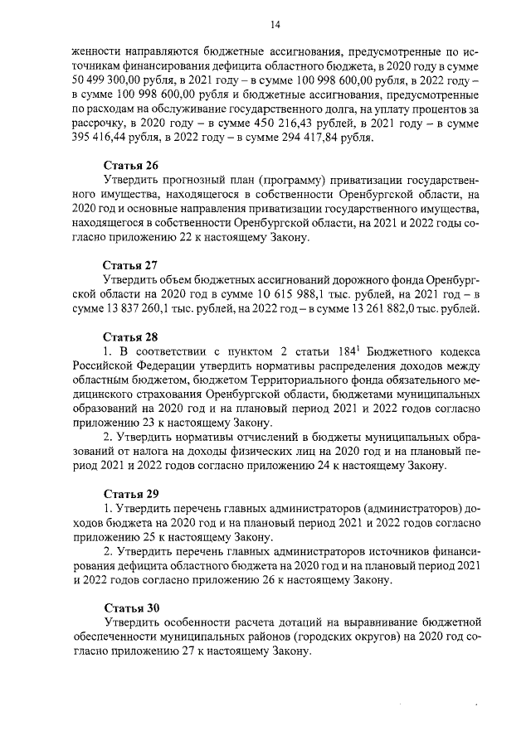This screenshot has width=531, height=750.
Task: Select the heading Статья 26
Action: pyautogui.click(x=129, y=165)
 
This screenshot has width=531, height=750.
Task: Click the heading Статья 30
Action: pyautogui.click(x=129, y=607)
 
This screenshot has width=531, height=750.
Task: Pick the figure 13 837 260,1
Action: pyautogui.click(x=120, y=311)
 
